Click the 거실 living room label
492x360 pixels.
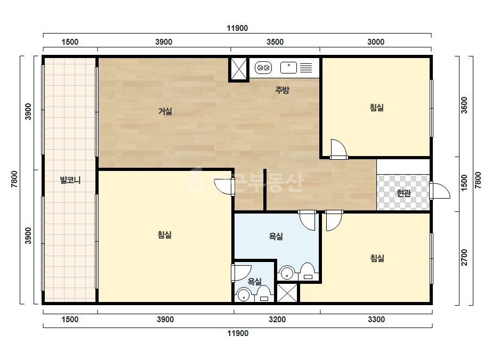click(165, 111)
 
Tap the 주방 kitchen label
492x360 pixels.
click(282, 91)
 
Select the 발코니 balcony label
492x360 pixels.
click(70, 181)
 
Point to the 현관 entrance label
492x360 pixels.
click(404, 193)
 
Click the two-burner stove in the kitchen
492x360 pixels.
click(263, 68)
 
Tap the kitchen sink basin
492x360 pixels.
click(288, 68)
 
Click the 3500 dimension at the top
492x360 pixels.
click(275, 42)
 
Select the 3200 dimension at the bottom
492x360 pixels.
click(277, 320)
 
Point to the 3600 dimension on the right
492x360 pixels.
click(464, 105)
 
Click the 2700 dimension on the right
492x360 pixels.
click(464, 257)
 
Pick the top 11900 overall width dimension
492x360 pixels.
click(237, 28)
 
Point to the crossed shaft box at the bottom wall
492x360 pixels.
click(287, 293)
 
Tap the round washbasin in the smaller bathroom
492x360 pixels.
click(244, 295)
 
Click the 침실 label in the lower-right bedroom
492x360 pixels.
click(377, 258)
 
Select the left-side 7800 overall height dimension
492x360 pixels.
click(14, 179)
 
